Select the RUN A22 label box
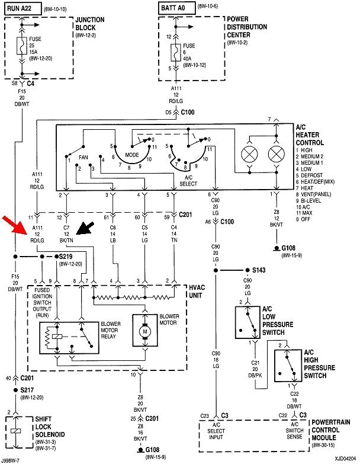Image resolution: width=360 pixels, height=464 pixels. [24, 7]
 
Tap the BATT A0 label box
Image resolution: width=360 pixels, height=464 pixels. [175, 7]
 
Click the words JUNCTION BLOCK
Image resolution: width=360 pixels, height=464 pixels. [90, 23]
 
